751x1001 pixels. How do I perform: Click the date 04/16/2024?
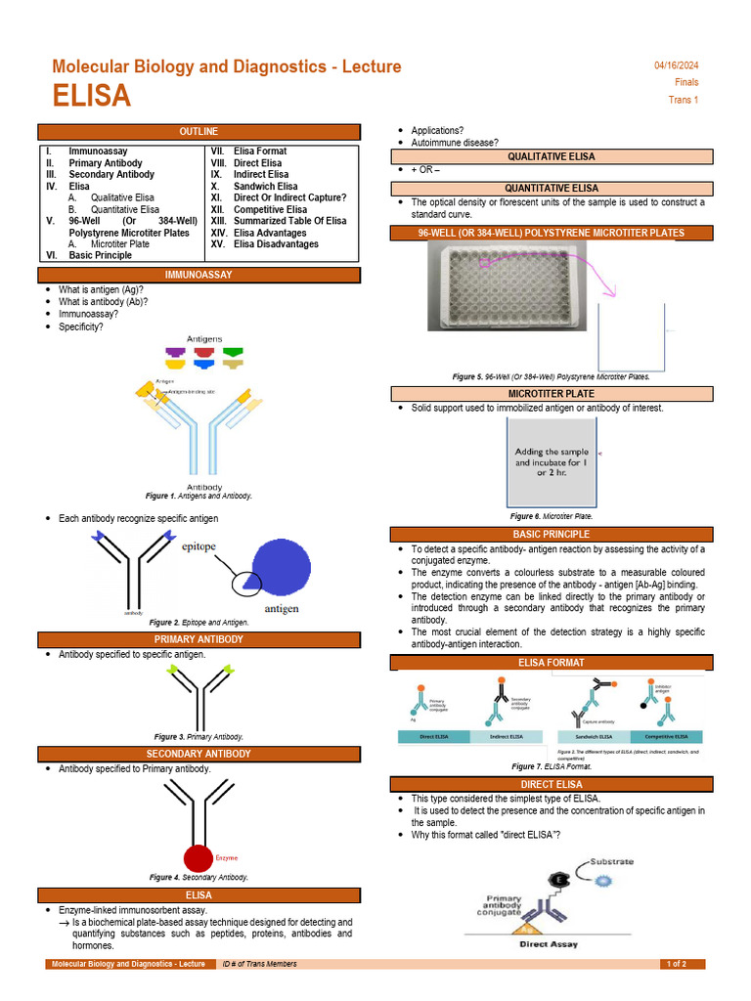tap(676, 65)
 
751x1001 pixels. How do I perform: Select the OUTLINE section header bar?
tap(199, 132)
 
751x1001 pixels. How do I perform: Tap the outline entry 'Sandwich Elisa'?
tap(266, 186)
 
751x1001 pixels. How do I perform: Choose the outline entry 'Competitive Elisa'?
tap(270, 209)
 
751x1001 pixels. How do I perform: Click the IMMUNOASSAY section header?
tap(199, 276)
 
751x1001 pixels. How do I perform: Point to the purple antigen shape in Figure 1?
tap(175, 351)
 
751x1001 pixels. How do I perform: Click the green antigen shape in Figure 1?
tap(233, 351)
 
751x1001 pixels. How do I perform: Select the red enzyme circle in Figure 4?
tap(199, 857)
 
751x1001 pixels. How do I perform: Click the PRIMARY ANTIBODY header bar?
tap(199, 639)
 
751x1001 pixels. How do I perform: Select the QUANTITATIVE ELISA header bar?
tap(551, 188)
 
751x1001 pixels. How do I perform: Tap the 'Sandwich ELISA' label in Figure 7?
tap(593, 736)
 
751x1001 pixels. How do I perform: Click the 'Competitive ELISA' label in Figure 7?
tap(666, 736)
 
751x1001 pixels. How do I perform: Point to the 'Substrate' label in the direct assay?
tap(612, 862)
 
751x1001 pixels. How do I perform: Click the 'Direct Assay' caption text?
tap(548, 944)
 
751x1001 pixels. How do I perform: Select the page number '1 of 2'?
tap(677, 964)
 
